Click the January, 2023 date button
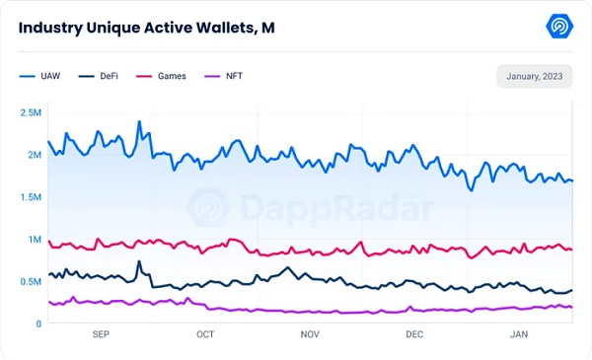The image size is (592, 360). (534, 77)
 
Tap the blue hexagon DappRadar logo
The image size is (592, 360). (560, 27)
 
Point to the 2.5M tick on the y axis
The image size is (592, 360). (30, 112)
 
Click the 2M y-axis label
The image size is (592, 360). (33, 155)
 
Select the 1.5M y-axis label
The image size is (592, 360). (30, 197)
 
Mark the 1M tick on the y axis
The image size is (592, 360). (34, 240)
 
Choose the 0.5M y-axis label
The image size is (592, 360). (30, 282)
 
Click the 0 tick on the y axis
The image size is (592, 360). (37, 324)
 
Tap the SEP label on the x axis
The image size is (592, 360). (101, 335)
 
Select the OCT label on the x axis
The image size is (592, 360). (205, 335)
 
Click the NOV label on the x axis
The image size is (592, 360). (310, 335)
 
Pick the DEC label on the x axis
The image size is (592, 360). (414, 335)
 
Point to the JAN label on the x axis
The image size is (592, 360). (518, 335)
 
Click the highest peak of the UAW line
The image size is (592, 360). (139, 122)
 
